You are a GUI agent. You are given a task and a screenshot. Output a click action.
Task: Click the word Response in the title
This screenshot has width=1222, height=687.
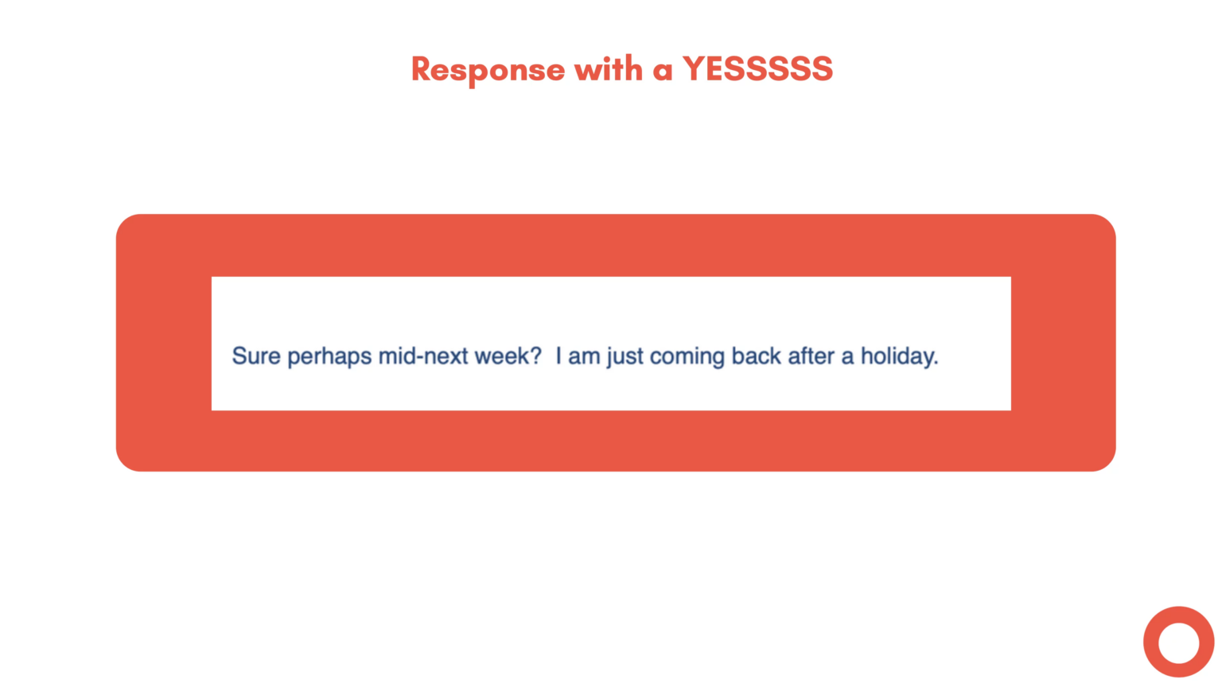coord(488,70)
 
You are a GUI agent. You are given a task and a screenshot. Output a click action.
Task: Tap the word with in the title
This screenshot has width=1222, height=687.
coord(609,69)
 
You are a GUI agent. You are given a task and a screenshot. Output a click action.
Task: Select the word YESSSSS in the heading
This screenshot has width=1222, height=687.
coord(757,69)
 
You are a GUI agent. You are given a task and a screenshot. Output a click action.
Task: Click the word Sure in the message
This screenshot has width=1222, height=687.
coord(256,356)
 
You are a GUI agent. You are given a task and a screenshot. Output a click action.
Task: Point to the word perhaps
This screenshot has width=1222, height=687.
coord(329,357)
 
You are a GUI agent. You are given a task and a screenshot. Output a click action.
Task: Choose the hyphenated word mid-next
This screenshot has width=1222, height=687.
coord(422,356)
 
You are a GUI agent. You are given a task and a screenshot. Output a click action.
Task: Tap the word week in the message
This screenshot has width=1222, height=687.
coord(501,356)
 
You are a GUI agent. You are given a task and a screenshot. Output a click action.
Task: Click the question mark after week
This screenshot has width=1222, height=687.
coord(535,356)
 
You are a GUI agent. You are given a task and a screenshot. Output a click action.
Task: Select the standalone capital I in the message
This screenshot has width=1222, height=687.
coord(558,356)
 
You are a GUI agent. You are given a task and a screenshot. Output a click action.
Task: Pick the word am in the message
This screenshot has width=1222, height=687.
coord(584,357)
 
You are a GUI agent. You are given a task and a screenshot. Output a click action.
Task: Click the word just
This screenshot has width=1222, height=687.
coord(625,357)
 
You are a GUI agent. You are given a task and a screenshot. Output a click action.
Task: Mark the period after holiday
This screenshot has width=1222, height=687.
coord(936,363)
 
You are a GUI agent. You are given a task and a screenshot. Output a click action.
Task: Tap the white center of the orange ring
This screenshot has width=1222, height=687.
coord(1178,642)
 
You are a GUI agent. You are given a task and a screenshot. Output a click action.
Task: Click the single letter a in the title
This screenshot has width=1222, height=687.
coord(663,71)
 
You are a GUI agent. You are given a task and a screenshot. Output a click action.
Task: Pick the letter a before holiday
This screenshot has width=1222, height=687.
coord(848,358)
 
